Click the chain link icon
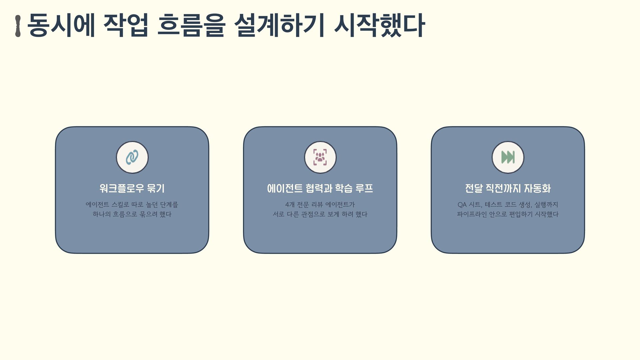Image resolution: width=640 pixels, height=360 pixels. [132, 157]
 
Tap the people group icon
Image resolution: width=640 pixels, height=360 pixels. [320, 157]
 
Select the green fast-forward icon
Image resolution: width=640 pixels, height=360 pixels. [508, 157]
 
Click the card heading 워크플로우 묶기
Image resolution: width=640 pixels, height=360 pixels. [132, 188]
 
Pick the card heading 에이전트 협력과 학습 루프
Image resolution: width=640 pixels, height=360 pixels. [320, 188]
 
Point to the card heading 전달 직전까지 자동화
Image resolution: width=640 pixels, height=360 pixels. [508, 188]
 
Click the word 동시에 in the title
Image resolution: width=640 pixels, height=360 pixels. [61, 25]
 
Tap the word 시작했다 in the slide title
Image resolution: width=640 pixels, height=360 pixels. [379, 25]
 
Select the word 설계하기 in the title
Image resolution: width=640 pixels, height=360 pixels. [279, 25]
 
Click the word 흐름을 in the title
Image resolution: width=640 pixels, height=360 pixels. [191, 25]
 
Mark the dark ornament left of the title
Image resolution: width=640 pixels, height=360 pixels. [18, 26]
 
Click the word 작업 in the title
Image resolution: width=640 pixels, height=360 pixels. [126, 25]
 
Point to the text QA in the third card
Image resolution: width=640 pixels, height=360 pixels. [462, 205]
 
